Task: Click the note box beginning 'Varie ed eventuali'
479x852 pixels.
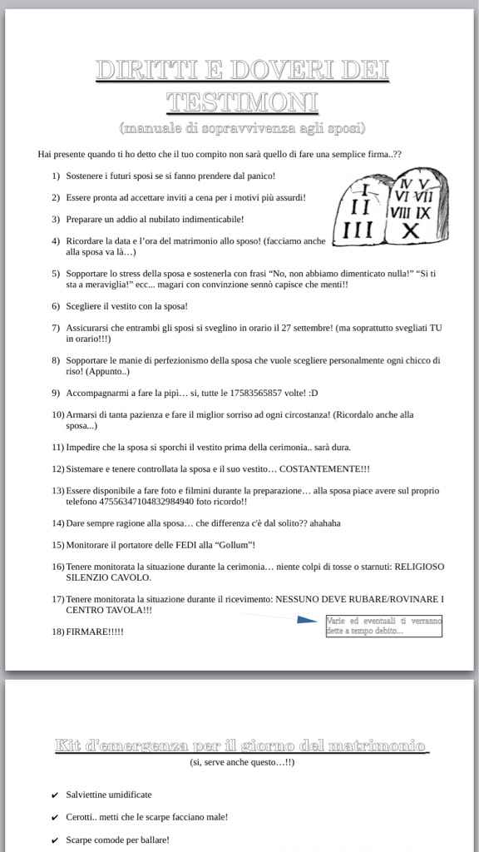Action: tap(383, 626)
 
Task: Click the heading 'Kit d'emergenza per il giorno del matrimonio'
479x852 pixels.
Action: tap(241, 745)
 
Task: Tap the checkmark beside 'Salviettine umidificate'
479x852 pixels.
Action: tap(54, 795)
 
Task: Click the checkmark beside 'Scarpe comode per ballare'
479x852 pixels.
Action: tap(54, 840)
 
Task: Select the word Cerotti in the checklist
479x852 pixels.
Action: tap(81, 817)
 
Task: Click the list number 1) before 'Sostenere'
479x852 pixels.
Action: tap(56, 176)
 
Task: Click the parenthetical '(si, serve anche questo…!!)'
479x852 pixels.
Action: tap(241, 762)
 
